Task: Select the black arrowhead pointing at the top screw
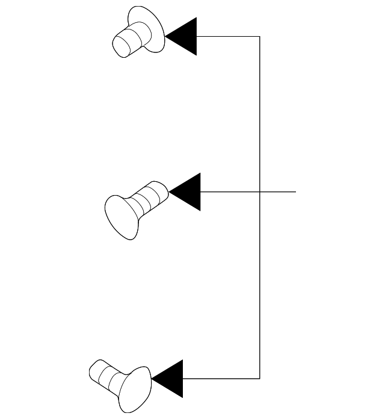184,36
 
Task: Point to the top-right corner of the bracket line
259,36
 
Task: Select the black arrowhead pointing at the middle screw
188,192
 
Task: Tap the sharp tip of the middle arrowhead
170,192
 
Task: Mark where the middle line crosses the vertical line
259,192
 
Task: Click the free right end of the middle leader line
295,192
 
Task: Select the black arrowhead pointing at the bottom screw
170,379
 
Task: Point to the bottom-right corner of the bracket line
259,379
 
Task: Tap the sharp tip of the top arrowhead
165,36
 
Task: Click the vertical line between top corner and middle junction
259,114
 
